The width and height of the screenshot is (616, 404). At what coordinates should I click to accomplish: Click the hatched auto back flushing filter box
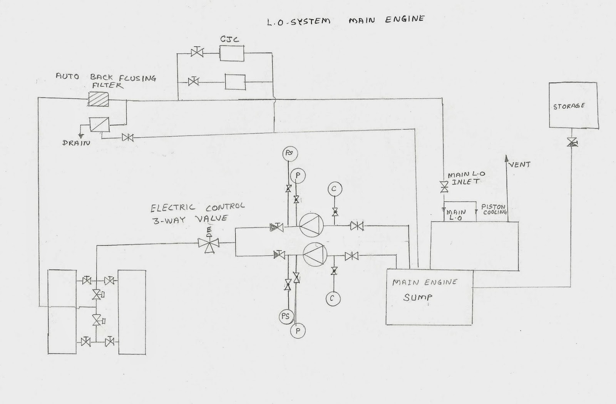(99, 99)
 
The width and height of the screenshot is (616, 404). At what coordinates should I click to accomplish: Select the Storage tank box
(574, 105)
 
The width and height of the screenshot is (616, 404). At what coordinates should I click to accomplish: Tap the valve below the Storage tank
(572, 142)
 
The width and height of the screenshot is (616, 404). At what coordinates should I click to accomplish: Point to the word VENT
(520, 165)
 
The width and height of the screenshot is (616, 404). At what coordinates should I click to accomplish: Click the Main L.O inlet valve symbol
(444, 187)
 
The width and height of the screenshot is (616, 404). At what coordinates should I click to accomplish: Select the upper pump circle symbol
(311, 225)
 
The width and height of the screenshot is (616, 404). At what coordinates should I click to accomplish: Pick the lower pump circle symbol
(315, 254)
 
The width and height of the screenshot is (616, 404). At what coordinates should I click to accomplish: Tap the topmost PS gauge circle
(290, 153)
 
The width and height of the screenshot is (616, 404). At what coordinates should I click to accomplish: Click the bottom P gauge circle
(298, 331)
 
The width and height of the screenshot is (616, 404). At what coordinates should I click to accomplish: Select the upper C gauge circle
(335, 189)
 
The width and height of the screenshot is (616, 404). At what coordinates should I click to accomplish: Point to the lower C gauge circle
(333, 299)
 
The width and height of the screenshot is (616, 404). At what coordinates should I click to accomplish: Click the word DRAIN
(76, 143)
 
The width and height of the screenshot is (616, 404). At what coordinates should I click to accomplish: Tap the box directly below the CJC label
(231, 54)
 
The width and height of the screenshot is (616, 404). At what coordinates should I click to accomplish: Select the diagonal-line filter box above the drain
(99, 124)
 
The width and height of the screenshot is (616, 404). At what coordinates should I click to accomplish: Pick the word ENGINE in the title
(405, 19)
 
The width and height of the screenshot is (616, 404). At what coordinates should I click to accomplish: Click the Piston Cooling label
(494, 209)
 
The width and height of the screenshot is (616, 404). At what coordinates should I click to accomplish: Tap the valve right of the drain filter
(127, 137)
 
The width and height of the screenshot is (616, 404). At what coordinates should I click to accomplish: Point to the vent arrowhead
(506, 158)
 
